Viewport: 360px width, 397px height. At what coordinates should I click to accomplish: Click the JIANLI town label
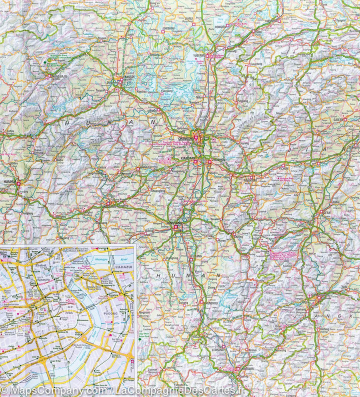(x=189, y=18)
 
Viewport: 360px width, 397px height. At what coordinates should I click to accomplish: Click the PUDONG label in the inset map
(x=110, y=313)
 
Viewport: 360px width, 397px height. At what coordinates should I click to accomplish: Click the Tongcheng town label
(x=255, y=64)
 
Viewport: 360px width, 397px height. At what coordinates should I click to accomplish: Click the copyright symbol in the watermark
(x=4, y=389)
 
